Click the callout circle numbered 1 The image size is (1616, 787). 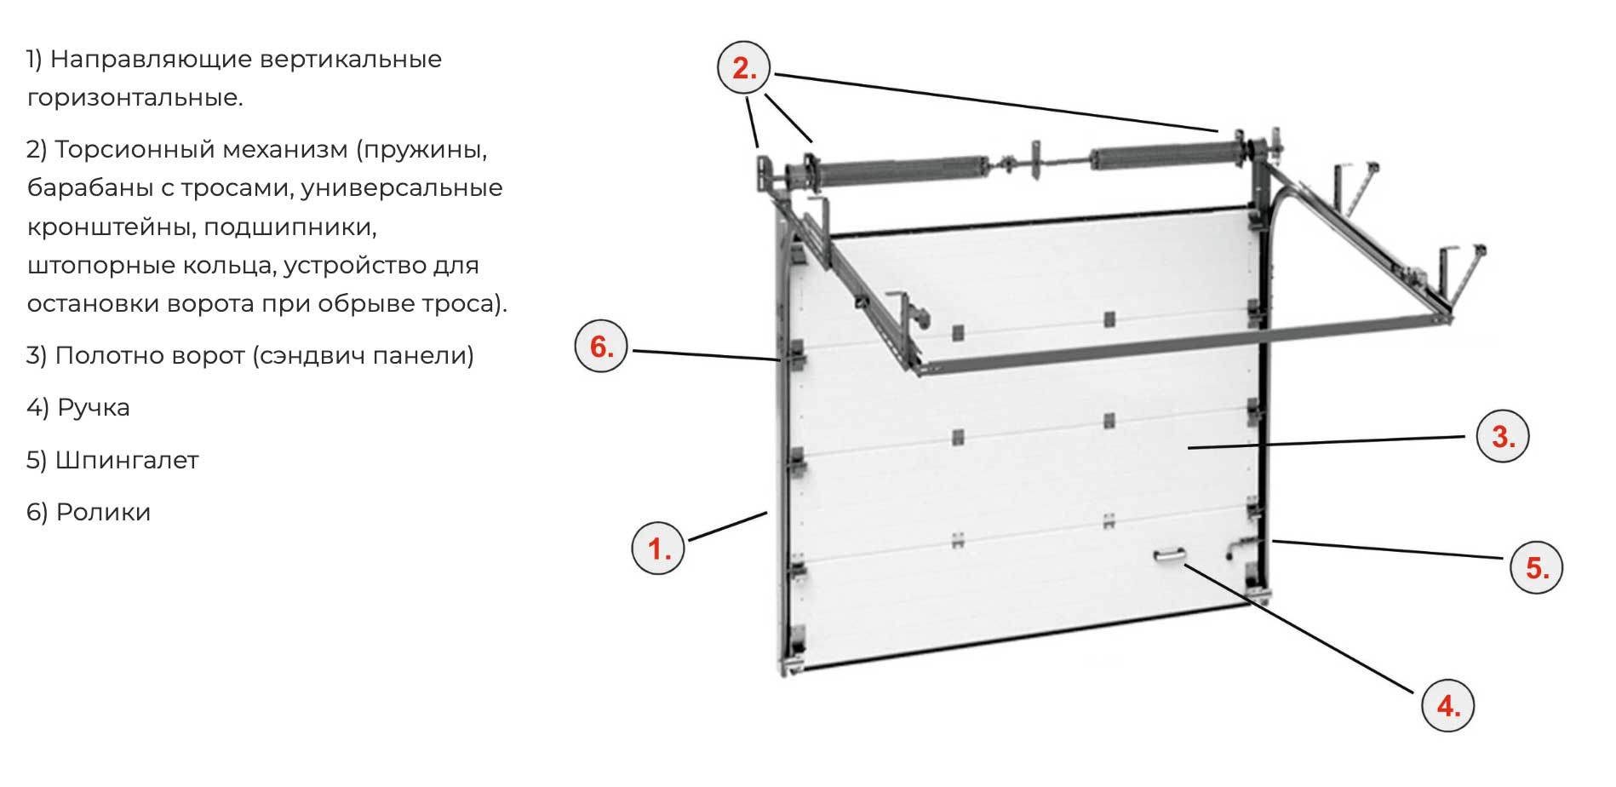tap(657, 548)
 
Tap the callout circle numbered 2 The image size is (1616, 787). tap(743, 67)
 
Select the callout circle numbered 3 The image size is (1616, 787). tap(1502, 436)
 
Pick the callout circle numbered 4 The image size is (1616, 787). tap(1447, 704)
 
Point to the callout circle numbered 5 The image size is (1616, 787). tap(1536, 567)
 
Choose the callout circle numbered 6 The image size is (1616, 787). tap(601, 346)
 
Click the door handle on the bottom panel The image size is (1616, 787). tap(1170, 556)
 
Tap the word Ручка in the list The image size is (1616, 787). tap(93, 408)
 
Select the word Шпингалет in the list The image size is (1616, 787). tap(127, 460)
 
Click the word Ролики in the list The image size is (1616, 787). tap(103, 512)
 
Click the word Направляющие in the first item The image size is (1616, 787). tap(149, 60)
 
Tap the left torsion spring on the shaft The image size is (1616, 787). tap(889, 169)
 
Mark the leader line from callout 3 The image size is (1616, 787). tap(1327, 441)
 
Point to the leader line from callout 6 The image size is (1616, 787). tap(706, 356)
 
